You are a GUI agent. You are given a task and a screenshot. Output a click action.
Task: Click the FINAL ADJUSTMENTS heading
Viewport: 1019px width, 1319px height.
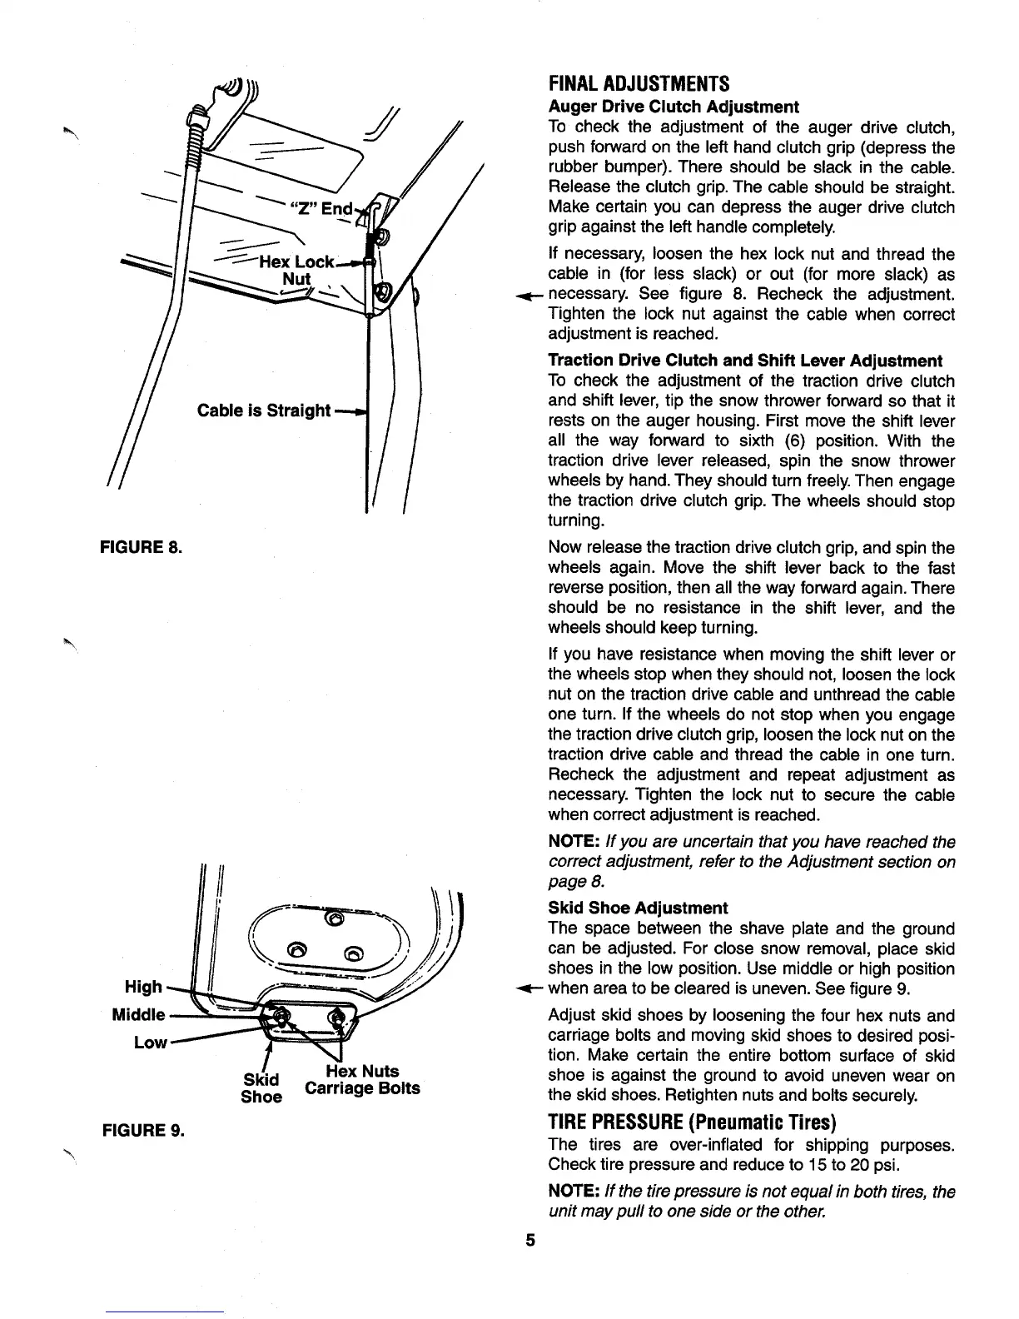pos(639,84)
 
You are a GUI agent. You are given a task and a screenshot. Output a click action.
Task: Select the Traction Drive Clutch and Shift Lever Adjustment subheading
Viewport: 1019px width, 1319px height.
pos(745,361)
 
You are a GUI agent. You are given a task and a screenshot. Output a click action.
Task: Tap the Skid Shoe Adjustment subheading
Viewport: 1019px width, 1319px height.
pos(638,908)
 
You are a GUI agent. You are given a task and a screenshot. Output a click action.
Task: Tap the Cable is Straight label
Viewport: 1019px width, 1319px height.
pos(264,411)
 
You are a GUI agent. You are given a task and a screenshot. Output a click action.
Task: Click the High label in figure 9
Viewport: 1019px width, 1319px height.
pos(143,987)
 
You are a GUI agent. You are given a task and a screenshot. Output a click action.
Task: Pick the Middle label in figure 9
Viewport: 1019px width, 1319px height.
pos(138,1015)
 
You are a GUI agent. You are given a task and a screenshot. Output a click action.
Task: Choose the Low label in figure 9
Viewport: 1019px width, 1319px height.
pos(151,1043)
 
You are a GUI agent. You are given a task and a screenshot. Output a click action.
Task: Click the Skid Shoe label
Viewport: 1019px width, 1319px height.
pos(261,1088)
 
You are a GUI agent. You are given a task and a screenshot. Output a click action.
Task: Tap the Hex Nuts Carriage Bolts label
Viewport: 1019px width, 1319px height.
pos(362,1080)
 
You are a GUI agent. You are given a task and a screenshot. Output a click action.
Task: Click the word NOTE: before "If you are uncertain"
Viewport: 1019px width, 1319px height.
pos(573,842)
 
